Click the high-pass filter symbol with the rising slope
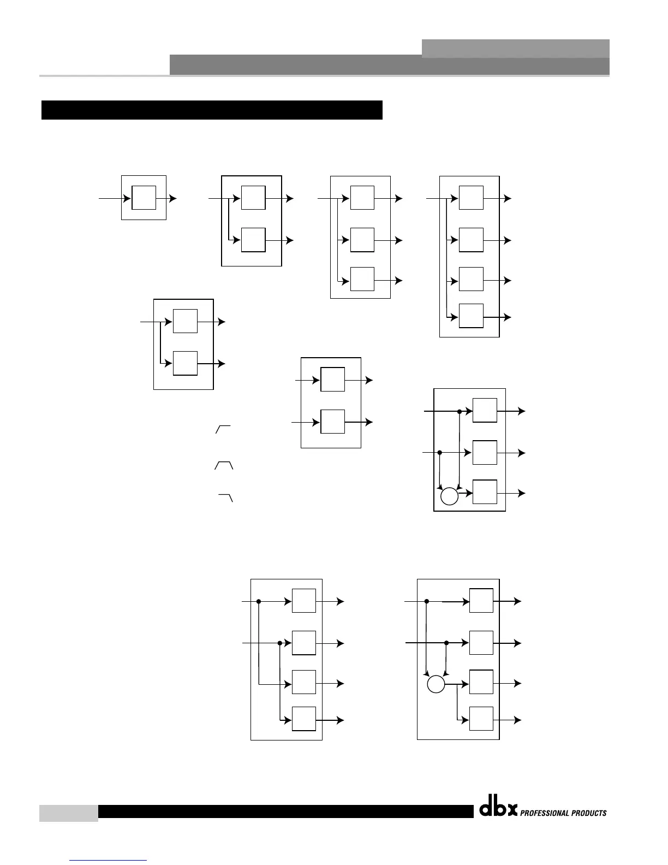(x=223, y=429)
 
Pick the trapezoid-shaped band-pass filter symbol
(x=224, y=465)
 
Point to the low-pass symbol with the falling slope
(x=226, y=497)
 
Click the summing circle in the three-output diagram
(x=449, y=496)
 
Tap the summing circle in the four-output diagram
(x=436, y=684)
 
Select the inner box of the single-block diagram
(x=144, y=198)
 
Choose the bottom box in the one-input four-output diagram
(x=471, y=316)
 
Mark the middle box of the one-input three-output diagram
(x=362, y=240)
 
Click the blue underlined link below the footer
(x=109, y=860)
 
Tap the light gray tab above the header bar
(x=515, y=48)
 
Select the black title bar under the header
(x=212, y=110)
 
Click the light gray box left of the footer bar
(x=68, y=813)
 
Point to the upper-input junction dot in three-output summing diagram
(x=460, y=411)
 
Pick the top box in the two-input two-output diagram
(x=332, y=380)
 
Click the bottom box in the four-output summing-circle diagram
(x=481, y=719)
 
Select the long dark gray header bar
(x=389, y=66)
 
